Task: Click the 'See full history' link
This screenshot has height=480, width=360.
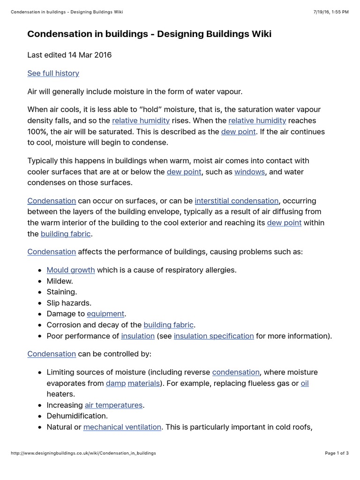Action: [x=53, y=73]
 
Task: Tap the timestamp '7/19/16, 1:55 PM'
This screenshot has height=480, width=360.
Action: [x=330, y=12]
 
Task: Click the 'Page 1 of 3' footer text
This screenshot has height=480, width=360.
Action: [x=337, y=453]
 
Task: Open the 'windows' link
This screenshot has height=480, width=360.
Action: [x=249, y=172]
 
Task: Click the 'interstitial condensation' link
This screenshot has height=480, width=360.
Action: [x=237, y=201]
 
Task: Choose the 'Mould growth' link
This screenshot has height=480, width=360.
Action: [x=71, y=270]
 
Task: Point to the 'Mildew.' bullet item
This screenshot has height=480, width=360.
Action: [x=60, y=281]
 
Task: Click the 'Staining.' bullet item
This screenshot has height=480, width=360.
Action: [x=61, y=292]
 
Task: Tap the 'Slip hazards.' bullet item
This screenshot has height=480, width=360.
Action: [x=68, y=303]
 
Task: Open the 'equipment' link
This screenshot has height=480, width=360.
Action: [x=105, y=314]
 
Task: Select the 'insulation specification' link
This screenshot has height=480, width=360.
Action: [x=214, y=336]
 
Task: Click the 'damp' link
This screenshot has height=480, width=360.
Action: [x=115, y=383]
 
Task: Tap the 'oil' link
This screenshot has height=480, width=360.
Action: [x=305, y=383]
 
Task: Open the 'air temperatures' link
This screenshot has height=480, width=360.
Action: [x=113, y=405]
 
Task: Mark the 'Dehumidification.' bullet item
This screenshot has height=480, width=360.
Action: [x=77, y=416]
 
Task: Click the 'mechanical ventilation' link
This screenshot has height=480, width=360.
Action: [x=122, y=427]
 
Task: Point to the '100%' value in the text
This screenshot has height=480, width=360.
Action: [x=37, y=132]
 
